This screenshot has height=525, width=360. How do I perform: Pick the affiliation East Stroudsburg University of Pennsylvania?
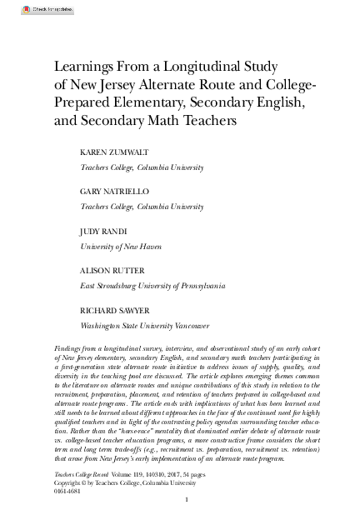pyautogui.click(x=152, y=286)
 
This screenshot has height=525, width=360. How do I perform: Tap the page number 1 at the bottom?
pyautogui.click(x=188, y=500)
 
